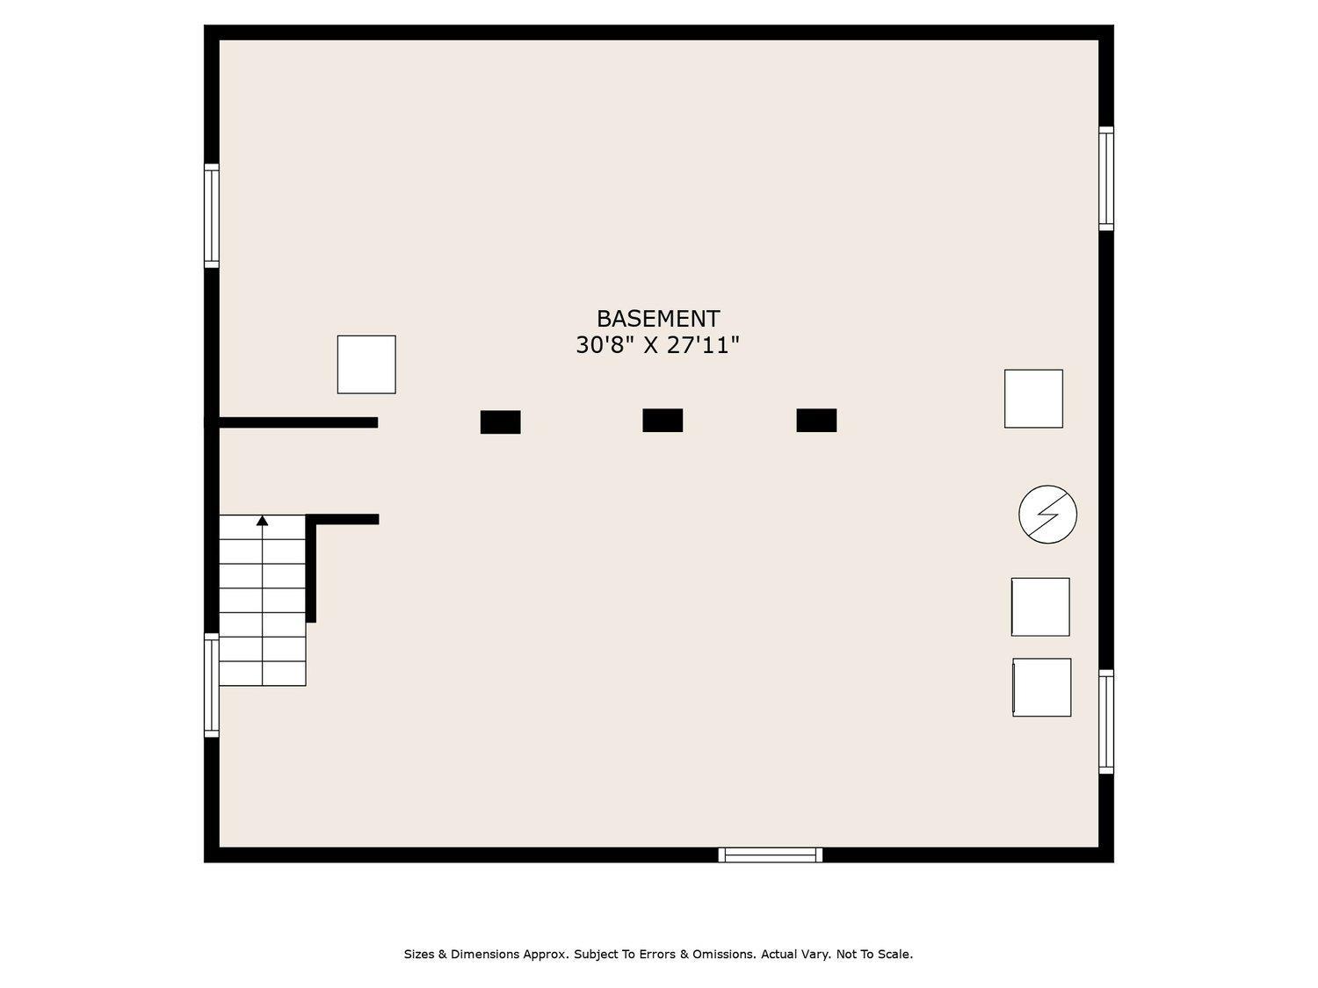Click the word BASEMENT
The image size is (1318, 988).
click(x=658, y=319)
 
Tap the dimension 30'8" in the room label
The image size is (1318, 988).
click(x=604, y=345)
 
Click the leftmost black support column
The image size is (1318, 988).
click(x=500, y=422)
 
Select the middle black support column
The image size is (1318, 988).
click(x=663, y=421)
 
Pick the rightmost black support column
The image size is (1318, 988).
click(x=816, y=421)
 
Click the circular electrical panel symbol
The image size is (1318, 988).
click(x=1047, y=515)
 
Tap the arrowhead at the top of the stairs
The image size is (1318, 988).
click(x=263, y=521)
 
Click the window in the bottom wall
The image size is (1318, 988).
click(x=771, y=855)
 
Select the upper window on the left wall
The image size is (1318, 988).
click(x=212, y=215)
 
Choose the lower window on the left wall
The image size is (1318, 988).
click(x=212, y=685)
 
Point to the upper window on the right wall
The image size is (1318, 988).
click(x=1106, y=178)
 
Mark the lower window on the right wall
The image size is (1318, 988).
click(x=1106, y=722)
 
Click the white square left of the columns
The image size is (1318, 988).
click(x=366, y=364)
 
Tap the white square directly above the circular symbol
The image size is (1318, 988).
click(x=1033, y=399)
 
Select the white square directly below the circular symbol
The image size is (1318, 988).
click(x=1040, y=607)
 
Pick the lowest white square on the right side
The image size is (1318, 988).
click(x=1042, y=688)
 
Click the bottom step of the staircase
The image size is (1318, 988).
click(x=263, y=674)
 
